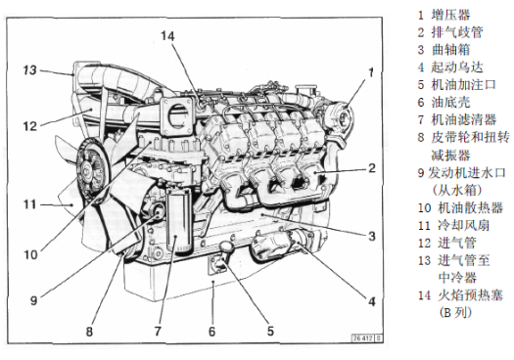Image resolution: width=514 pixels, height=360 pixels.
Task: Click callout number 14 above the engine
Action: [x=167, y=36]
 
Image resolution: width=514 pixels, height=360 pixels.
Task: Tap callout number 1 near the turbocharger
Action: [x=371, y=72]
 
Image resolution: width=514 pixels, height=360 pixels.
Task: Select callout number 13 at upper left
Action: [x=30, y=69]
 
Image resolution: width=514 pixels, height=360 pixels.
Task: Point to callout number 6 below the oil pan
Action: [x=212, y=332]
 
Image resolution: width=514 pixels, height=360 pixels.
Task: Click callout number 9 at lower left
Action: [x=33, y=300]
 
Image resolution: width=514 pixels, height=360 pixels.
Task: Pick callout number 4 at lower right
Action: [x=371, y=301]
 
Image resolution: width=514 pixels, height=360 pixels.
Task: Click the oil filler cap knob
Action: [x=226, y=247]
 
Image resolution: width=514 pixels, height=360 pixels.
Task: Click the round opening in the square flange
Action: [x=177, y=115]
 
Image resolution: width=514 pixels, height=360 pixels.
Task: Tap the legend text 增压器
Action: [x=450, y=15]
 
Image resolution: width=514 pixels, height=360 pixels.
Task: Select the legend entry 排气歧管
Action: [x=457, y=32]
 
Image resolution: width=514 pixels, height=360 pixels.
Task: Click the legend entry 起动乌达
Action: [x=457, y=67]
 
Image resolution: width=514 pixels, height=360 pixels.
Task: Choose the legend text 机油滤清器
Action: [x=463, y=119]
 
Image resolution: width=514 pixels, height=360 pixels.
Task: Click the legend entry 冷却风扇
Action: [x=463, y=225]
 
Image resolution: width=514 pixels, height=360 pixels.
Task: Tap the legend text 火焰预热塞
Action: [x=470, y=295]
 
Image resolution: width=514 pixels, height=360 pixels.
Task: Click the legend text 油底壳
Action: [x=450, y=102]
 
